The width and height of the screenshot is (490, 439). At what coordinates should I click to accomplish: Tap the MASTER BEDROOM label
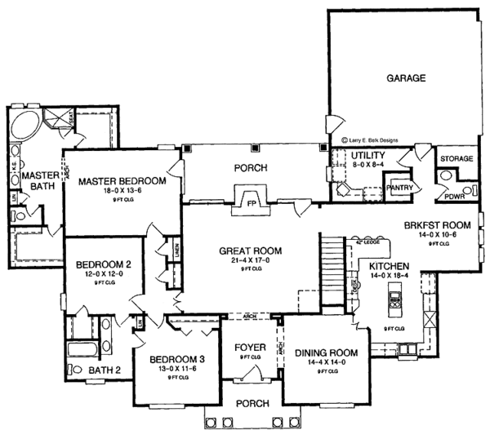pyautogui.click(x=122, y=180)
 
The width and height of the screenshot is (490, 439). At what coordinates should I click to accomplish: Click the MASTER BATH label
pyautogui.click(x=38, y=181)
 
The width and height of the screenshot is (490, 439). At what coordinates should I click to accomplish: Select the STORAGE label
pyautogui.click(x=457, y=157)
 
